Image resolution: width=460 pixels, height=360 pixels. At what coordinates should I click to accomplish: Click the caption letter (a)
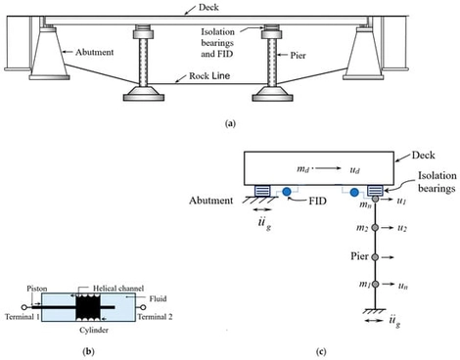tap(230, 125)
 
